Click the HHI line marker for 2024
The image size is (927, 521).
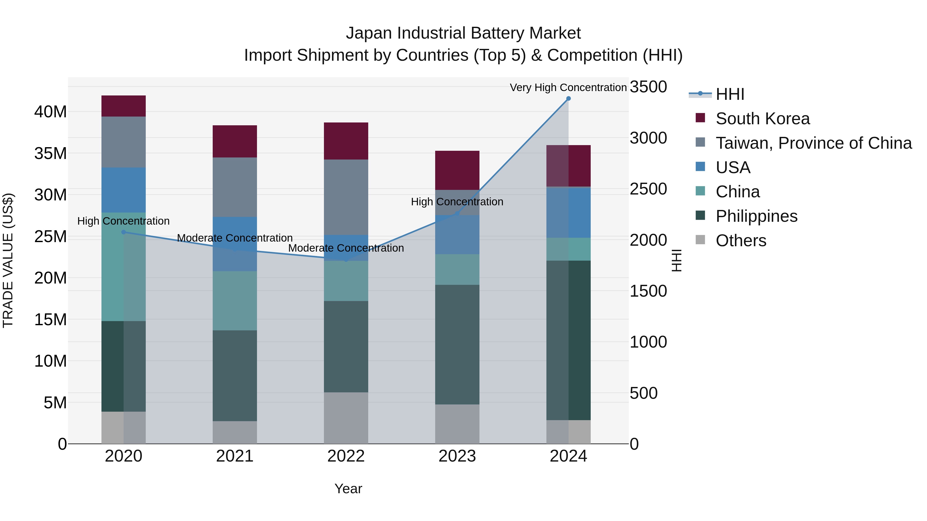pyautogui.click(x=568, y=99)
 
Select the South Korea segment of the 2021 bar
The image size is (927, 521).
pyautogui.click(x=235, y=141)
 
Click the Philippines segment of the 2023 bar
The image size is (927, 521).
pyautogui.click(x=457, y=345)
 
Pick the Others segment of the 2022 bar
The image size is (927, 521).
pyautogui.click(x=346, y=418)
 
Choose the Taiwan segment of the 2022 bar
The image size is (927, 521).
pyautogui.click(x=346, y=197)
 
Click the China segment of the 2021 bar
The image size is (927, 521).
pyautogui.click(x=235, y=301)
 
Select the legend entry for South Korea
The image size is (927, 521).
pyautogui.click(x=762, y=119)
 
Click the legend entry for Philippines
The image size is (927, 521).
pyautogui.click(x=756, y=216)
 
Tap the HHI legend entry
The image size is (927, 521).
pyautogui.click(x=729, y=94)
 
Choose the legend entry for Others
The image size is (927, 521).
pyautogui.click(x=741, y=241)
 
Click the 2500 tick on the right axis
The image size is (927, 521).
pyautogui.click(x=648, y=189)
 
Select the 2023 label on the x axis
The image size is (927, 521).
pyautogui.click(x=457, y=456)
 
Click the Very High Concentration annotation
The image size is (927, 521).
pyautogui.click(x=568, y=87)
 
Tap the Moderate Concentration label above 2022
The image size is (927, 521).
pyautogui.click(x=346, y=248)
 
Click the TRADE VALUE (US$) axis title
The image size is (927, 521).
pyautogui.click(x=8, y=260)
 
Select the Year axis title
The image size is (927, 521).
pyautogui.click(x=348, y=489)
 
